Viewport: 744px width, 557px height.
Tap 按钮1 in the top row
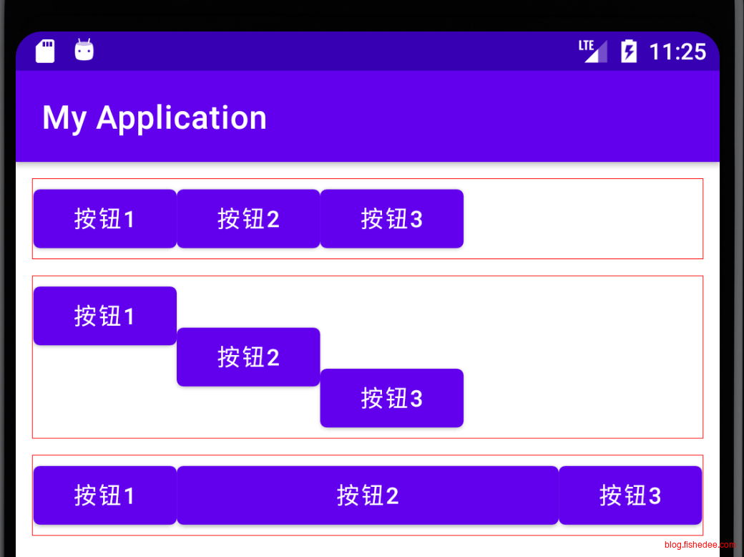pos(104,218)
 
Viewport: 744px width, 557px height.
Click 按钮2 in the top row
pos(248,218)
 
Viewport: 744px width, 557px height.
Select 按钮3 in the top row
pos(391,218)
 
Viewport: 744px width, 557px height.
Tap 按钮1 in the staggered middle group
pos(104,316)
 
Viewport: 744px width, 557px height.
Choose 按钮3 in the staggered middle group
pos(391,398)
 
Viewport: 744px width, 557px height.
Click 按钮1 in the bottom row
pos(104,495)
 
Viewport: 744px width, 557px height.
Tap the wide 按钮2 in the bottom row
pos(367,495)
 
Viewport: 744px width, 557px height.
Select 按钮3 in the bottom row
pos(630,495)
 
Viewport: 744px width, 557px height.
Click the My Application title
pos(154,117)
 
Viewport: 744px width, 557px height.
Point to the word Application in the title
pos(182,117)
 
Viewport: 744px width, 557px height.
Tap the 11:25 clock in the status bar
pos(677,52)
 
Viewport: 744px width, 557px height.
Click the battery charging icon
pos(628,51)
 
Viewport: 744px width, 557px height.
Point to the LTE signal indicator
pos(592,51)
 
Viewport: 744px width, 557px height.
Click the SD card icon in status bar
pos(45,51)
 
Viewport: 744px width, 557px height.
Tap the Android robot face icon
pos(84,50)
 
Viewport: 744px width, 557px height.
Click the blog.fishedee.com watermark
pos(700,546)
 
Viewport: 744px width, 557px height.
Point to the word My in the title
pos(64,117)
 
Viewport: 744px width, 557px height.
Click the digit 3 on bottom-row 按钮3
pos(654,495)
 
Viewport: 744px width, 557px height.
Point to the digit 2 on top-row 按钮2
pos(273,219)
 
